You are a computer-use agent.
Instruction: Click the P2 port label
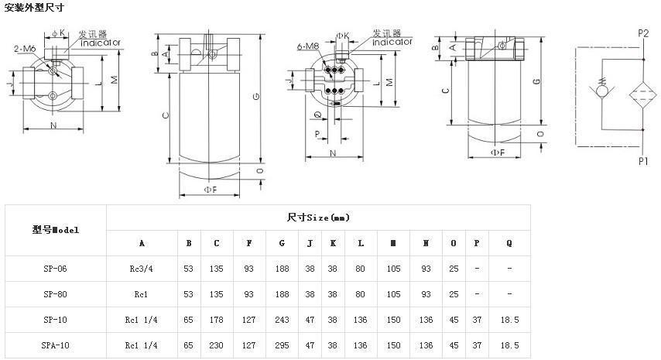point(643,33)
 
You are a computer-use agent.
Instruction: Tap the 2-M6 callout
point(25,48)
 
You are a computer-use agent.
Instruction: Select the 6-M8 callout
point(307,47)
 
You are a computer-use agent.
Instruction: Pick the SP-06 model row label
point(55,269)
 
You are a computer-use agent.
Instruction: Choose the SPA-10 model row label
point(55,345)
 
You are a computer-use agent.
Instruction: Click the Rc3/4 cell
point(142,269)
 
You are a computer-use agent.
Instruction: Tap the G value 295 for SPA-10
point(282,345)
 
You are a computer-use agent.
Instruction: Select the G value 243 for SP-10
point(282,320)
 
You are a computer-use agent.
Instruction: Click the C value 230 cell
point(217,345)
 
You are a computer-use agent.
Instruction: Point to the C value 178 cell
point(217,320)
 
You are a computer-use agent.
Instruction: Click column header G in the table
point(282,243)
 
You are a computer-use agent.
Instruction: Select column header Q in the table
point(509,243)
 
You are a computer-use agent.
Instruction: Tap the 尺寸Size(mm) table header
point(317,218)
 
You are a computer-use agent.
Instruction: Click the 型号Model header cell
point(55,230)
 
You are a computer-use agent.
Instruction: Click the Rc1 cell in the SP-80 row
point(142,294)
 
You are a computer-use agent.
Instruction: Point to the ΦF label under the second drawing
point(210,188)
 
